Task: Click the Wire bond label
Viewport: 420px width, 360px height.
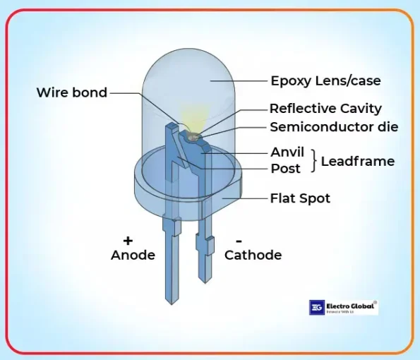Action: tap(71, 92)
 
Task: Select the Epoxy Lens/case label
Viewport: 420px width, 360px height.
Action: tap(325, 80)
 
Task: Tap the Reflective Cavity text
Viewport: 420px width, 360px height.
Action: tap(325, 109)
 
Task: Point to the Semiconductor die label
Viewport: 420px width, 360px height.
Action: tap(334, 128)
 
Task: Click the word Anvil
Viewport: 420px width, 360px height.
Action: tap(287, 152)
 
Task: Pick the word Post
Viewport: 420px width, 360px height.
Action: tap(285, 169)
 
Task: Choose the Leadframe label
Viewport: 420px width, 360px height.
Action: tap(357, 161)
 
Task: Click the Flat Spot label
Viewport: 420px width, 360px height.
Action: tap(300, 198)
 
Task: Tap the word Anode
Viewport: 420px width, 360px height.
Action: tap(133, 256)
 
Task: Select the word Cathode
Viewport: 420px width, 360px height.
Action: tap(253, 256)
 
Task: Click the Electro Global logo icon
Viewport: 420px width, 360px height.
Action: tap(316, 308)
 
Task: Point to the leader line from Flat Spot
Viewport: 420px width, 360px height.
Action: tap(247, 198)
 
